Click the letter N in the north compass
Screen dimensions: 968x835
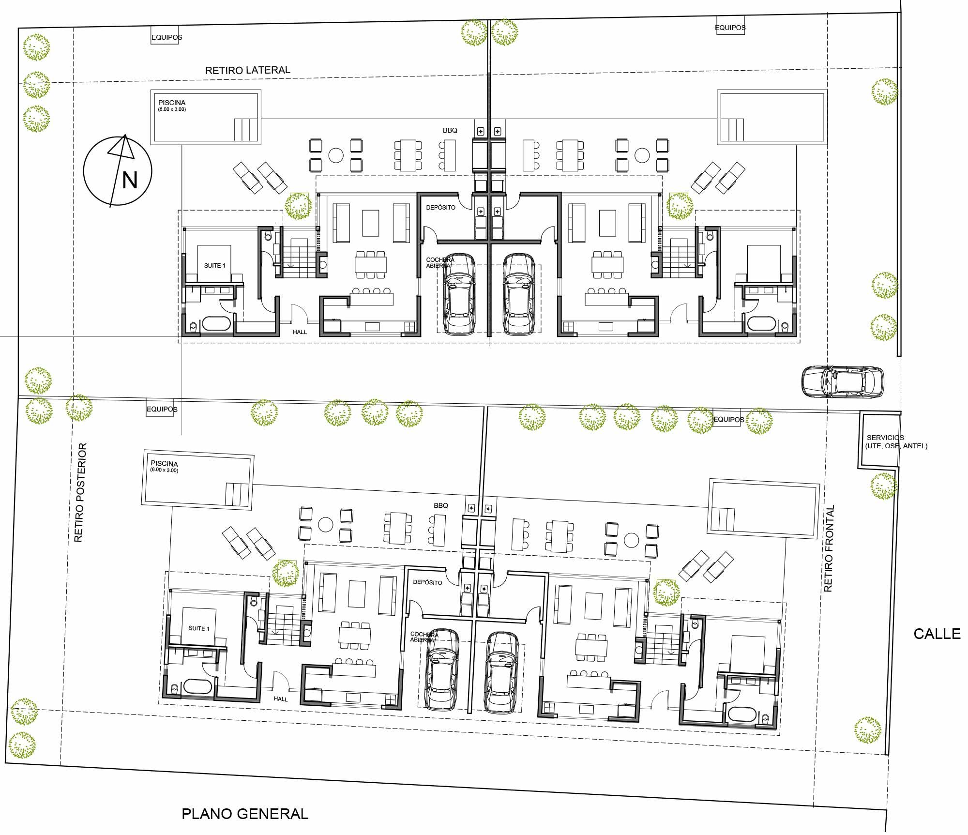tap(130, 180)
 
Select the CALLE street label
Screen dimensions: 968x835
tap(937, 634)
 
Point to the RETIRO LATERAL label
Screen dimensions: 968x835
tap(248, 70)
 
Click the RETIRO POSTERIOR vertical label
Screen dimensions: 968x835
tap(80, 492)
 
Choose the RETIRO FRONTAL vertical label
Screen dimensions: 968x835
tap(829, 548)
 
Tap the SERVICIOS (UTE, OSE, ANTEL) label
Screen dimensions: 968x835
tap(896, 441)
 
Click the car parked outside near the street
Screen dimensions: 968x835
tap(843, 381)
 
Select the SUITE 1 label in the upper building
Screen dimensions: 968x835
tap(214, 265)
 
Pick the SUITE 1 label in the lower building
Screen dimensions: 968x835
tap(199, 628)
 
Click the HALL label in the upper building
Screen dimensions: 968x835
tap(300, 332)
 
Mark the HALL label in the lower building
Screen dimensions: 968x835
tap(281, 699)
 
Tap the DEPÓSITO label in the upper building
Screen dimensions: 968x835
tap(440, 207)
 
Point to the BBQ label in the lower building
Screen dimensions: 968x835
tap(441, 505)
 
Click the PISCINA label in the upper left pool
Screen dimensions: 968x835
tap(172, 103)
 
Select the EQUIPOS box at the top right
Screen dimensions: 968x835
tap(730, 28)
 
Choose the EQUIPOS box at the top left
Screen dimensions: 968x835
tap(166, 37)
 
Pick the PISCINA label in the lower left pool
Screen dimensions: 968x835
tap(164, 464)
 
